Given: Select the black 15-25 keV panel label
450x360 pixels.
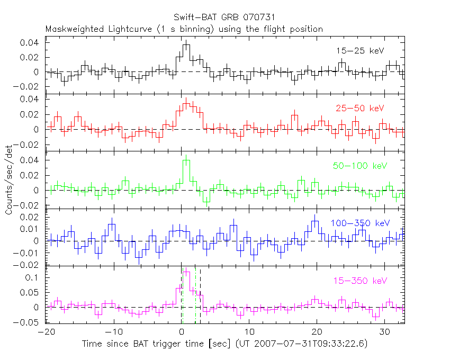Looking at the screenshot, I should pyautogui.click(x=359, y=51).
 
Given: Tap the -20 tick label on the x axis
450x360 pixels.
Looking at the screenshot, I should pyautogui.click(x=47, y=332).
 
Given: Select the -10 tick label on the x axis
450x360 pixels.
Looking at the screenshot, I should pyautogui.click(x=114, y=332).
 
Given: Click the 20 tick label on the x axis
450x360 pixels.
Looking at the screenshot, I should pyautogui.click(x=317, y=332).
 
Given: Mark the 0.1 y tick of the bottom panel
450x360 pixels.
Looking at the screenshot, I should pyautogui.click(x=35, y=277).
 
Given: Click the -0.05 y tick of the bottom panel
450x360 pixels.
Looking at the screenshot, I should pyautogui.click(x=31, y=322).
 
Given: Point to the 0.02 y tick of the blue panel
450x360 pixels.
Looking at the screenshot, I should pyautogui.click(x=33, y=217).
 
